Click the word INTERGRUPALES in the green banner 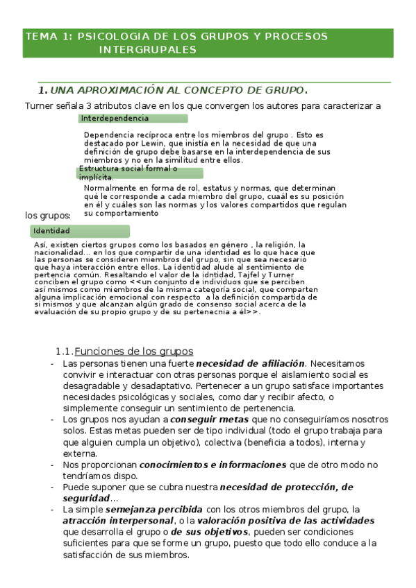pyautogui.click(x=148, y=50)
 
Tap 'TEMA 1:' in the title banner pyautogui.click(x=48, y=36)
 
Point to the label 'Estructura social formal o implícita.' pyautogui.click(x=128, y=173)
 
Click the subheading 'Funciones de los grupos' pyautogui.click(x=133, y=351)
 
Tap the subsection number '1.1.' pyautogui.click(x=63, y=351)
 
